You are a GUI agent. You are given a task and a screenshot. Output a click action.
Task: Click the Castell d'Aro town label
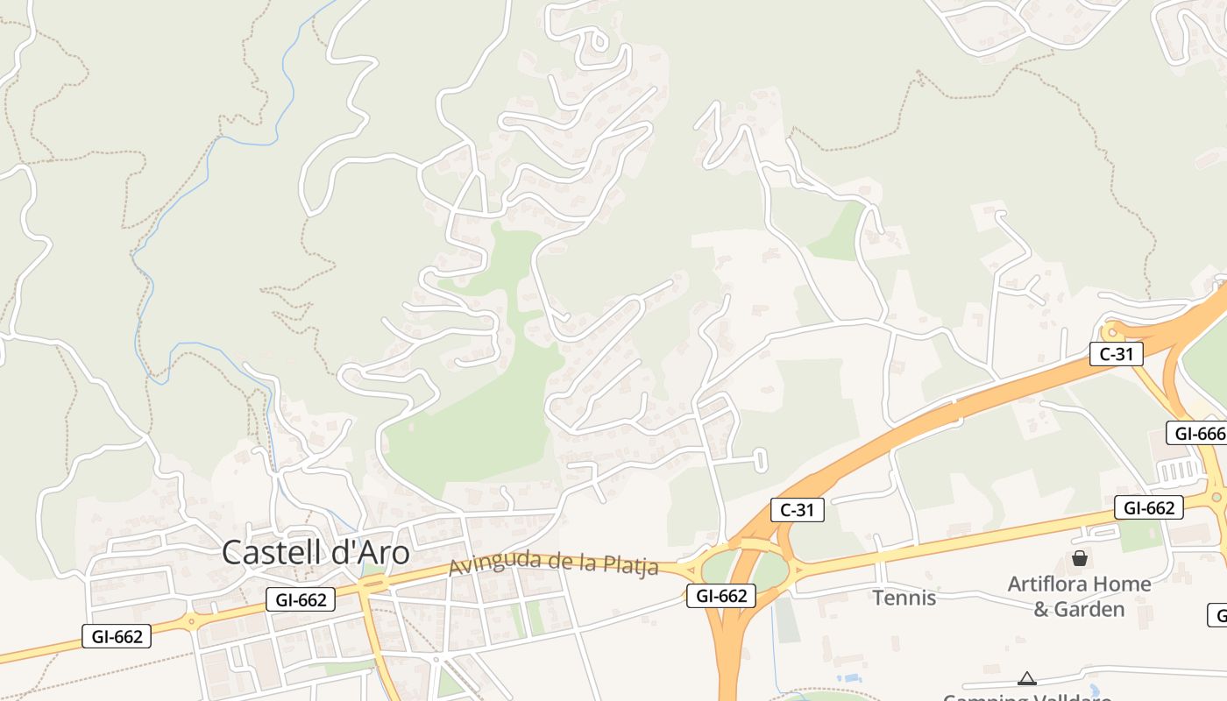tap(316, 553)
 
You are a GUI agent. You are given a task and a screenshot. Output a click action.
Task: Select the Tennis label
tap(904, 598)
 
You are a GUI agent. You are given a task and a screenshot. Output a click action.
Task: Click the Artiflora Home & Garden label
tap(1079, 596)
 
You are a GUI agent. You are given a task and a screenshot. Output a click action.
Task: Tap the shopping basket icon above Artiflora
tap(1079, 558)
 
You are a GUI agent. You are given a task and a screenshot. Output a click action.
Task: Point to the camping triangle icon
tap(1027, 677)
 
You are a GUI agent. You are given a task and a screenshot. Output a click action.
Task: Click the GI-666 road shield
tap(1198, 433)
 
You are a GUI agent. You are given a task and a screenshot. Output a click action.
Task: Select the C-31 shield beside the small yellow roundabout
tap(1117, 354)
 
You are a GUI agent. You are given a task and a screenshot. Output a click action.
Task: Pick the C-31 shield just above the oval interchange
tap(798, 510)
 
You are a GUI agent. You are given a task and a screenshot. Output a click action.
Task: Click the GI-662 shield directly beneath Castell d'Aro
tap(301, 599)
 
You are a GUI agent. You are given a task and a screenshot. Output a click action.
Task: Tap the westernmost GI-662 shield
tap(117, 636)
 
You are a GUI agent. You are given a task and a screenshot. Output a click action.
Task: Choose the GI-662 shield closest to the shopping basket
tap(1148, 507)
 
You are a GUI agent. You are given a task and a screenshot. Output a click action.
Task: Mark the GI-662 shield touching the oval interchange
tap(720, 596)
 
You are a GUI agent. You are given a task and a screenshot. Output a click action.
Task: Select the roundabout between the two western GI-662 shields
tap(192, 621)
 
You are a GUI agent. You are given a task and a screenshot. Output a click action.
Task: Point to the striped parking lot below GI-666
tap(1176, 472)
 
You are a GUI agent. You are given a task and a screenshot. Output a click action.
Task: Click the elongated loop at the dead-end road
tap(760, 459)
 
